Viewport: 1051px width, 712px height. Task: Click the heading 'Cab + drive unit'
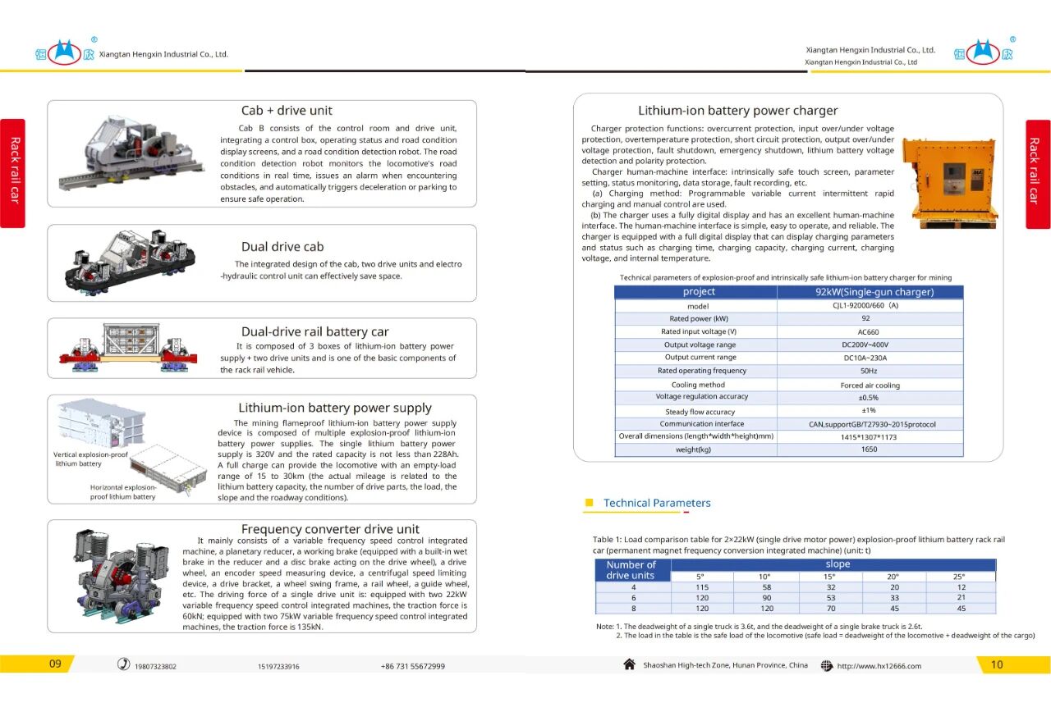[287, 111]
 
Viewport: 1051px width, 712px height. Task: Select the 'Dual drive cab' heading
[282, 247]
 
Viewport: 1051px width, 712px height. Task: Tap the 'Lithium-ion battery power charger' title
[737, 111]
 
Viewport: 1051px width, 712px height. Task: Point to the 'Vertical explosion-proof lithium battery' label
[90, 459]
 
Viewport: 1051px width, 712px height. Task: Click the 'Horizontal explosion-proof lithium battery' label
[123, 491]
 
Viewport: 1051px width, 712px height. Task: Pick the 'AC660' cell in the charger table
[869, 331]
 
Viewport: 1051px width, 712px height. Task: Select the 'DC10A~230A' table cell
[869, 358]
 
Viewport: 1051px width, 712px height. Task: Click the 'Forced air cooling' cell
[870, 385]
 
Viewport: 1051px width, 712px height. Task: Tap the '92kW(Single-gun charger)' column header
[869, 292]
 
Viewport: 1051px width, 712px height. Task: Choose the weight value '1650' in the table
[869, 450]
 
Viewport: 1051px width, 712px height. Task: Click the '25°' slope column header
[962, 577]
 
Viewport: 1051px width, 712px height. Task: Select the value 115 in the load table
[702, 587]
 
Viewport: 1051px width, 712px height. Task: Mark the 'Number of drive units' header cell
[631, 570]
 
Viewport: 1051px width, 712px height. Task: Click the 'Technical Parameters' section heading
[657, 503]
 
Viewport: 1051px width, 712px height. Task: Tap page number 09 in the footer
[55, 664]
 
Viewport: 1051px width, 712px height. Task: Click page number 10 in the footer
[997, 664]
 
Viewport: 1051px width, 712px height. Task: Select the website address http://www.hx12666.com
[879, 666]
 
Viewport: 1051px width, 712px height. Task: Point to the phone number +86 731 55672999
[413, 666]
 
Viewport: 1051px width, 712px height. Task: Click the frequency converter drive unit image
[115, 574]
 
